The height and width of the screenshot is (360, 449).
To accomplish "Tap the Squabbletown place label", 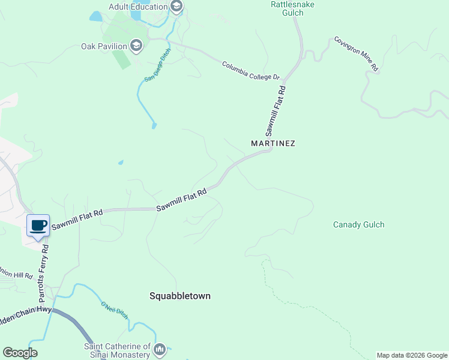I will (x=180, y=296).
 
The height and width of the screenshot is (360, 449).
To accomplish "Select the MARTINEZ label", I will (x=273, y=144).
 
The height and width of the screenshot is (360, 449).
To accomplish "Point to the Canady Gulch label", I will (x=358, y=225).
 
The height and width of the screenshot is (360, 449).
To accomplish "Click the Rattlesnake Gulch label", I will (x=292, y=8).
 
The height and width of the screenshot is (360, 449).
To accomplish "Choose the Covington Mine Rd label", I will (x=357, y=55).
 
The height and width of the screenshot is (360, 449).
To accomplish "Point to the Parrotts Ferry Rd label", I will (x=43, y=273).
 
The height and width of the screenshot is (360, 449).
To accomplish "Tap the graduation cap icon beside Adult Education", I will (x=176, y=7).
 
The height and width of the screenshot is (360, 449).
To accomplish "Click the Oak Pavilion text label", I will (x=104, y=46).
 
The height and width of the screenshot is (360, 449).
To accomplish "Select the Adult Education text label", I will (x=138, y=7).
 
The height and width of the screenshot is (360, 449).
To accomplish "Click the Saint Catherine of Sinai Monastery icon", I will (x=160, y=349).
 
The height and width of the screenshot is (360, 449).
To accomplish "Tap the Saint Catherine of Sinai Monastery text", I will (x=117, y=350).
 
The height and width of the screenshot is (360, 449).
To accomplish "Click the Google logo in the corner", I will (x=20, y=353).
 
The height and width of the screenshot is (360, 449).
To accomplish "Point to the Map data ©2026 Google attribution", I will (x=412, y=355).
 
